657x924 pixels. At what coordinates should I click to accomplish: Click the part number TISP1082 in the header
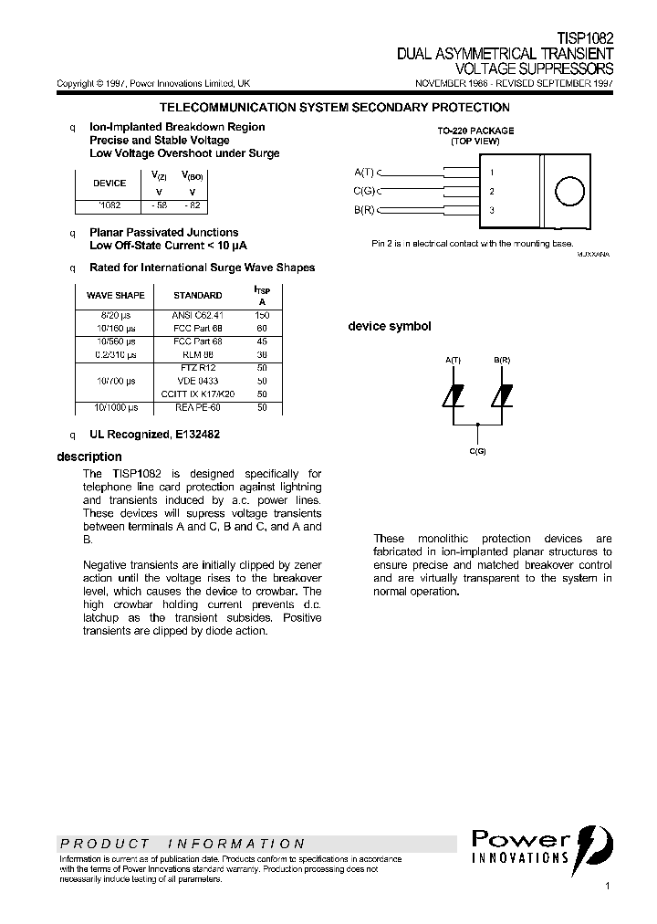point(585,40)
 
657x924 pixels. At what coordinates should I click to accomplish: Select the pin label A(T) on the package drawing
point(364,172)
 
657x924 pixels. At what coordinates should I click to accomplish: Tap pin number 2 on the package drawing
point(492,191)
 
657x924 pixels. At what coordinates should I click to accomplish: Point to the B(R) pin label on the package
point(364,210)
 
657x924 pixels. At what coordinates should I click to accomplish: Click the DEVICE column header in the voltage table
point(110,183)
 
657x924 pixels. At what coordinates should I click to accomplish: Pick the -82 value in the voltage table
point(193,205)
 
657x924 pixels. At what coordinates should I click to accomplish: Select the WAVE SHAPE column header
point(115,295)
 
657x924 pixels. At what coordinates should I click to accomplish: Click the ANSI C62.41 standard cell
point(197,314)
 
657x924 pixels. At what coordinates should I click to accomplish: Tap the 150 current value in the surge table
point(263,314)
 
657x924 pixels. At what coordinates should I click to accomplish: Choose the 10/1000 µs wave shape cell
point(115,407)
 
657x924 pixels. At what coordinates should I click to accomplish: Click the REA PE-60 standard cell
point(197,407)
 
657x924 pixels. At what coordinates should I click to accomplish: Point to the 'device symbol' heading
point(390,326)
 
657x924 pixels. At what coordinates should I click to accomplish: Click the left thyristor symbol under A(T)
point(454,395)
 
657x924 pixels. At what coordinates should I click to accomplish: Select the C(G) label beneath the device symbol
point(477,451)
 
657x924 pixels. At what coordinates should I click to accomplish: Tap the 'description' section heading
point(89,457)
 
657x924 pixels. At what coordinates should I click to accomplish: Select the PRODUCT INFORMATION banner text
point(182,844)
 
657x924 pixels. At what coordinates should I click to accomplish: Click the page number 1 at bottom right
point(606,886)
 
